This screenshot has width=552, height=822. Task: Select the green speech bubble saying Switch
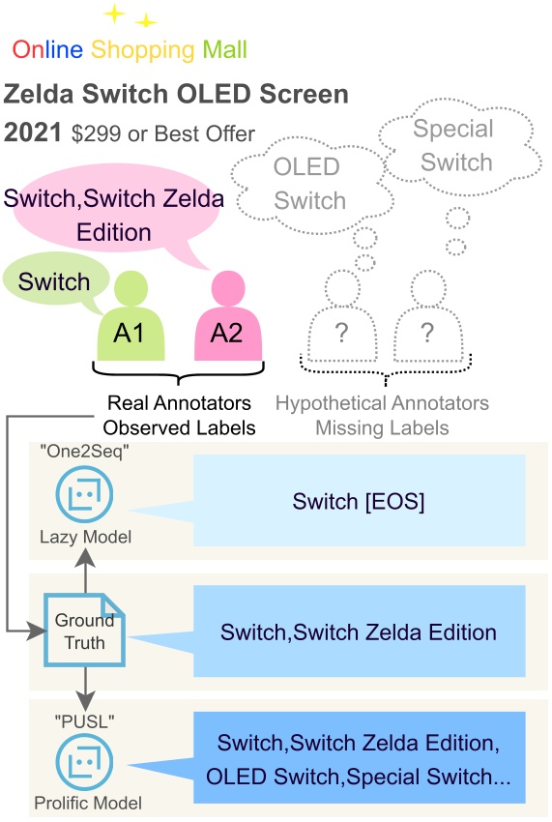click(54, 281)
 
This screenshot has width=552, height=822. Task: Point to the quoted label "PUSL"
click(63, 720)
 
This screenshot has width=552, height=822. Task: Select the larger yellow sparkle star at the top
click(115, 13)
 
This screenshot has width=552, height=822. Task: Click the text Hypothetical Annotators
click(382, 403)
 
